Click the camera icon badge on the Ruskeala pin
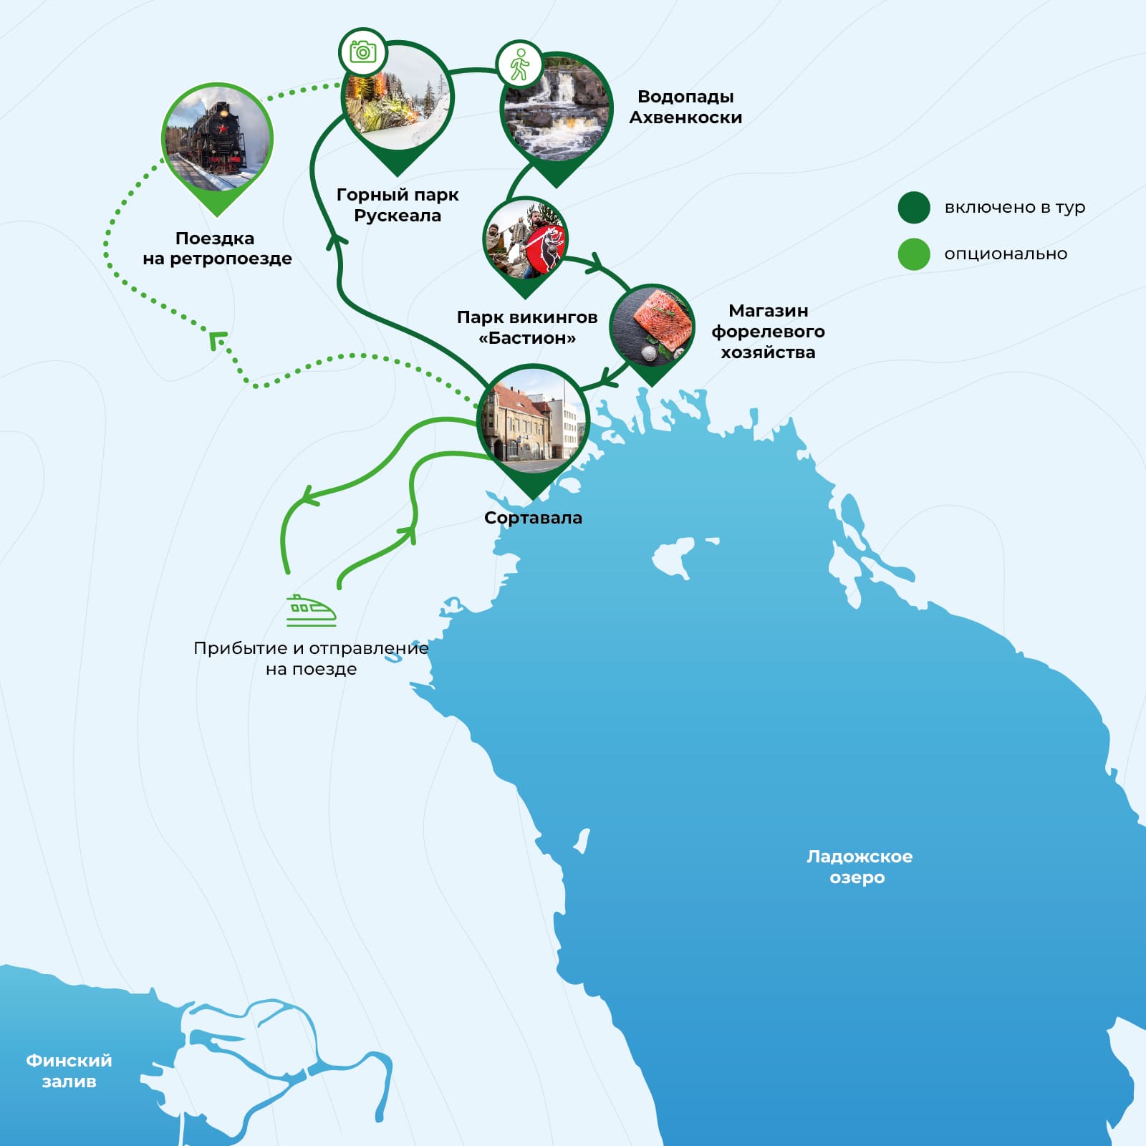point(362,52)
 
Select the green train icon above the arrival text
point(312,610)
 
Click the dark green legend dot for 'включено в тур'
point(914,208)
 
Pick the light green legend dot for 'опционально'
point(914,254)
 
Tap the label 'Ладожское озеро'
point(859,867)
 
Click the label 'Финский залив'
point(69,1071)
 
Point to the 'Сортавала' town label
point(533,518)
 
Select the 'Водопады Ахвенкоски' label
point(685,107)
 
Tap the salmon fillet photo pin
point(652,326)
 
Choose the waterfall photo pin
point(557,111)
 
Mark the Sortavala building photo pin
point(534,423)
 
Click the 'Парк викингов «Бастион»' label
point(527,327)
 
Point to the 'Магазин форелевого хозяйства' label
point(768,331)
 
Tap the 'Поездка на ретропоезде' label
point(217,248)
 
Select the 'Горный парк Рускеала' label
point(398,205)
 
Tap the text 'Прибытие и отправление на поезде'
point(311,658)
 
